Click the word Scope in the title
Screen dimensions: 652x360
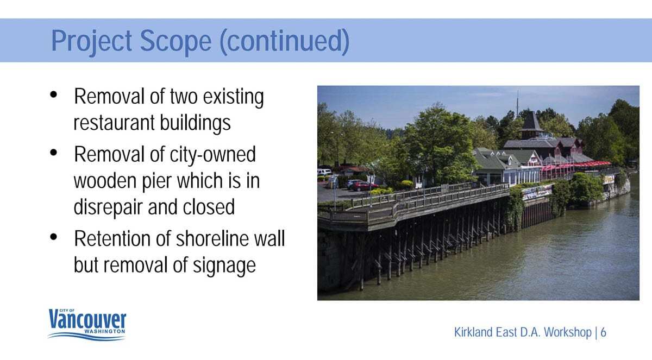pos(175,41)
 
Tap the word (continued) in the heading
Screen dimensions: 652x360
pos(285,41)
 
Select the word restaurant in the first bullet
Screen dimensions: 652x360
pos(114,122)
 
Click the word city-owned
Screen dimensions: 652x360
pos(213,154)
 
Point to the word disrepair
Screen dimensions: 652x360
pos(107,207)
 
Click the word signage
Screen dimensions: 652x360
pos(224,266)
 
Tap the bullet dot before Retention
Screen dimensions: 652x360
pos(54,237)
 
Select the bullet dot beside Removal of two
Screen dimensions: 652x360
pos(54,94)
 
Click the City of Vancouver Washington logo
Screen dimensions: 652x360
pos(87,325)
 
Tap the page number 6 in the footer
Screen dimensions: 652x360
pos(604,332)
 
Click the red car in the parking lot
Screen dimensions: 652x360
pos(365,186)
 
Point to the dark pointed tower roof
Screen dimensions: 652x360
pos(531,122)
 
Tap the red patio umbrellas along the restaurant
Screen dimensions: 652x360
pos(576,165)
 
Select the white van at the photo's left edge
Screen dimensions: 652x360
pos(324,172)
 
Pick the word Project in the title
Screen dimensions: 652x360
pos(91,42)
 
